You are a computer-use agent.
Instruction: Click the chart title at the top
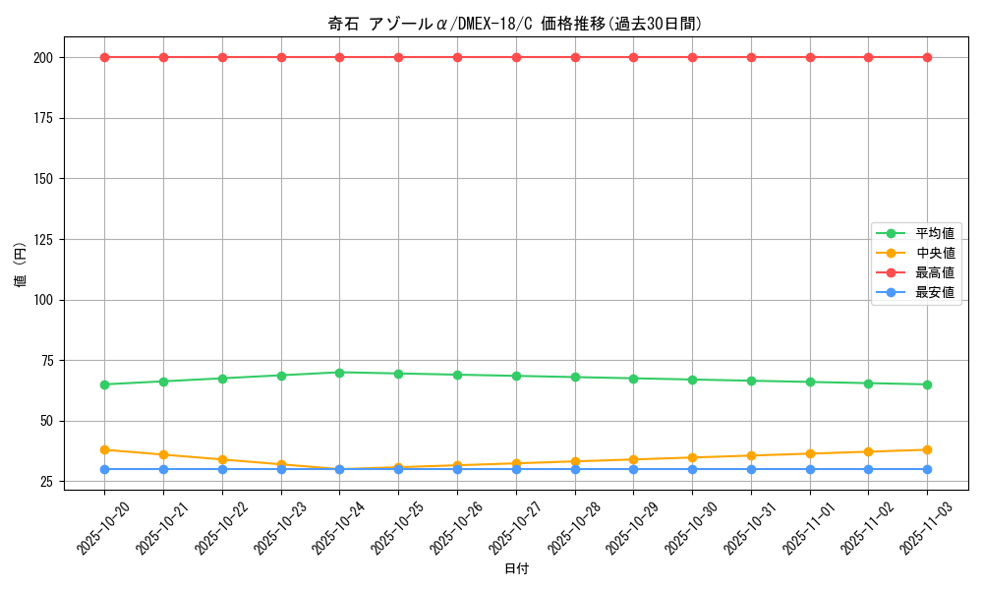coord(515,24)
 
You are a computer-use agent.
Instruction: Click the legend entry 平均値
coord(935,233)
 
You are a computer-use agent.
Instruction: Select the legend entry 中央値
coord(935,253)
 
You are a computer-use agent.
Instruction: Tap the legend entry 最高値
coord(935,272)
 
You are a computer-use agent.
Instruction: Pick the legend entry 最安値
coord(935,292)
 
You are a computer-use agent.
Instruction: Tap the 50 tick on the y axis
coord(45,421)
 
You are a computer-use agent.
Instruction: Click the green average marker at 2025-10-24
coord(339,373)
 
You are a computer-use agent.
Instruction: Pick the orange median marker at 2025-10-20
coord(104,449)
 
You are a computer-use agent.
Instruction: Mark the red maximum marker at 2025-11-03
coord(927,57)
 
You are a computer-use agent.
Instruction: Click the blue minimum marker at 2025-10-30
coord(692,469)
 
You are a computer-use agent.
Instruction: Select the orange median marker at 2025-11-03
coord(927,449)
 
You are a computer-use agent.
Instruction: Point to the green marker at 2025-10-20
coord(104,384)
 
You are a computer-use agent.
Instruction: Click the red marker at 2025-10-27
coord(516,57)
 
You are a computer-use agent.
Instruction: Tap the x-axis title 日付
coord(516,569)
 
